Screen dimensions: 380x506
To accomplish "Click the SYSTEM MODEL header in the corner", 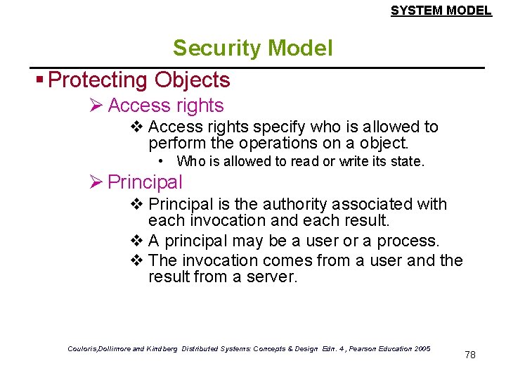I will pyautogui.click(x=441, y=11).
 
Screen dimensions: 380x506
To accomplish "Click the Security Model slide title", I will pyautogui.click(x=252, y=48).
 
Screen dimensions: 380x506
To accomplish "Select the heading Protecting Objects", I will pyautogui.click(x=139, y=80).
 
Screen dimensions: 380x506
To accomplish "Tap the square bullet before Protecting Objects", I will pyautogui.click(x=41, y=80).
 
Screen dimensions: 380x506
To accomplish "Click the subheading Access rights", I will pyautogui.click(x=166, y=106).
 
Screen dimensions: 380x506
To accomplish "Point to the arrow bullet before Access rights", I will pyautogui.click(x=96, y=106).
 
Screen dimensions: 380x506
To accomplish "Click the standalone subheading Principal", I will pyautogui.click(x=145, y=182).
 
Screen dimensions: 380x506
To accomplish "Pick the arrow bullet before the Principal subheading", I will pyautogui.click(x=96, y=182).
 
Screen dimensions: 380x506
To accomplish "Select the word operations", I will pyautogui.click(x=279, y=143).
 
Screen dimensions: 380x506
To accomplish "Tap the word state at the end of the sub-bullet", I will pyautogui.click(x=408, y=162).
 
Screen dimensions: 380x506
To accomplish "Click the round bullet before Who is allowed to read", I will pyautogui.click(x=161, y=161).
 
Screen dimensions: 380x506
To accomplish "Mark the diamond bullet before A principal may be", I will pyautogui.click(x=137, y=241).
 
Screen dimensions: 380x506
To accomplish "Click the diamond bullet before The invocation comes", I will pyautogui.click(x=137, y=260).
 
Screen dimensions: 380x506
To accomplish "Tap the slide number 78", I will pyautogui.click(x=470, y=355).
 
